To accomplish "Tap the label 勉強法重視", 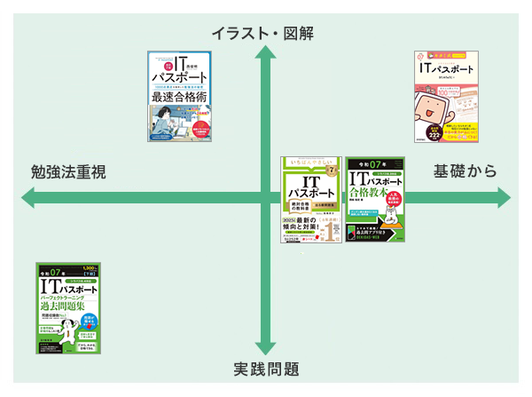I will pos(68,172).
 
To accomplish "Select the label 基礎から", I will pos(465,171).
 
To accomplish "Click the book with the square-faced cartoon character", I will pos(446,95).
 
